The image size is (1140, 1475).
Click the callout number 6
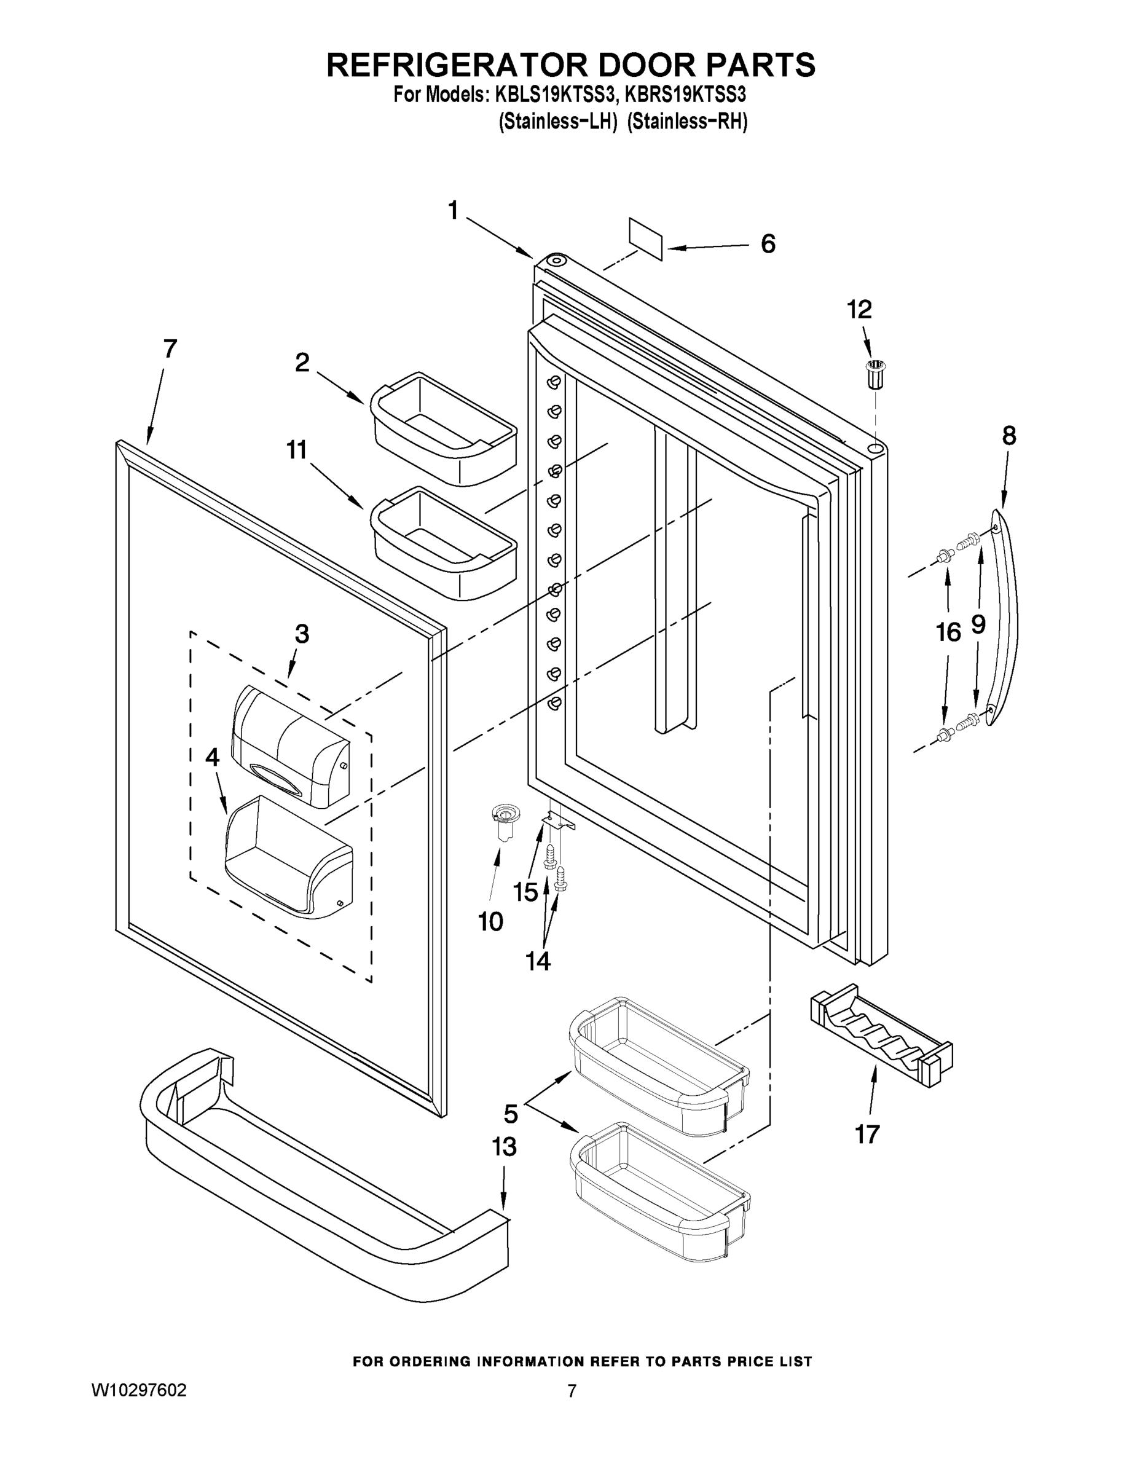pos(768,244)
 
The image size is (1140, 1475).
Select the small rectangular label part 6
pos(646,238)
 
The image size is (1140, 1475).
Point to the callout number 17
pos(867,1134)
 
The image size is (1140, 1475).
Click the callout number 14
pos(538,961)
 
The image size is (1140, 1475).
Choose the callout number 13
pos(505,1146)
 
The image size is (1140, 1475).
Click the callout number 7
pos(170,348)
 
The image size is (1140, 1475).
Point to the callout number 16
pos(948,633)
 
